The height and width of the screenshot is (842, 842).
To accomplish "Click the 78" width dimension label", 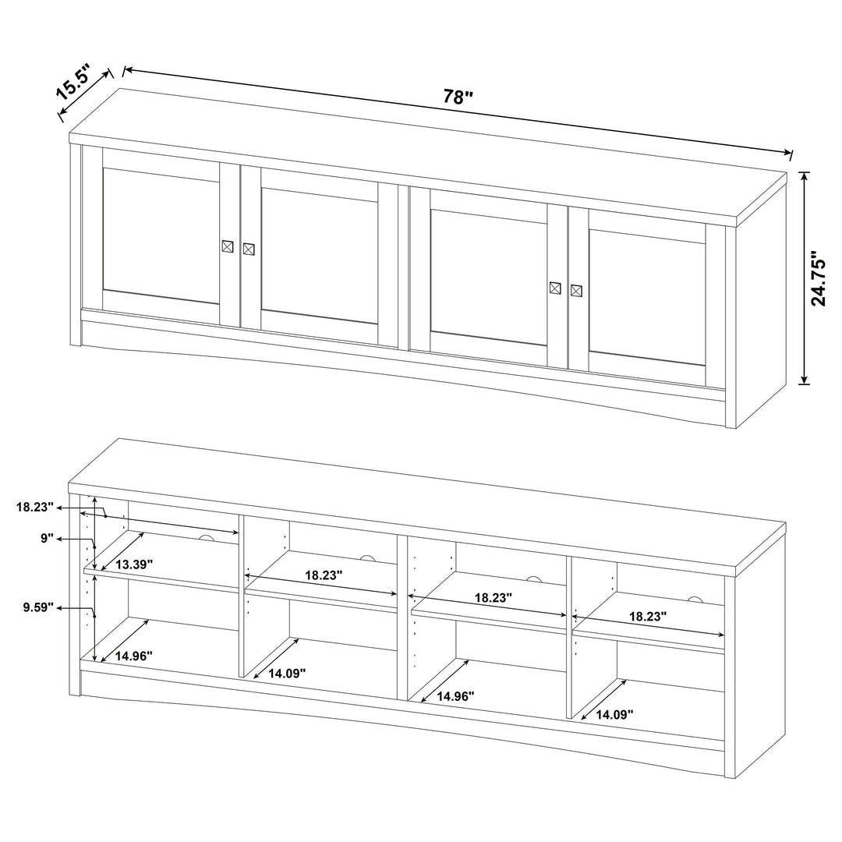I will click(x=458, y=97).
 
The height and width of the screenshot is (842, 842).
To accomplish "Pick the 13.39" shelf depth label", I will click(x=134, y=564).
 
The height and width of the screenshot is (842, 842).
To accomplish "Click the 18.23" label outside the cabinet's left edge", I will click(x=35, y=507).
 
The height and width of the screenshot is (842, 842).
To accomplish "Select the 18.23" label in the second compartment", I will click(x=324, y=575).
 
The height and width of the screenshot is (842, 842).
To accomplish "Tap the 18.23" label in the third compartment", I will click(x=493, y=598).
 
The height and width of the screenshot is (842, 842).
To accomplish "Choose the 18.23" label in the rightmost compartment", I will click(x=647, y=616).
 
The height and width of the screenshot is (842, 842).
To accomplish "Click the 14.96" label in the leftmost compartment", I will click(x=134, y=656).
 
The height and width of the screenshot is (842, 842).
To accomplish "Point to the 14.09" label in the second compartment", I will click(x=287, y=673).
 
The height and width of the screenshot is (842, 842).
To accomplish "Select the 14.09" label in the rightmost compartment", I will click(x=614, y=713).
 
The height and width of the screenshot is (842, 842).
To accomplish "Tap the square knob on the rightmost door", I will click(x=576, y=291).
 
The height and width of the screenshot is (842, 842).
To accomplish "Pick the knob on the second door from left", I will click(x=249, y=249).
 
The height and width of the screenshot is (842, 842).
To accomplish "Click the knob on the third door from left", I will click(x=555, y=287).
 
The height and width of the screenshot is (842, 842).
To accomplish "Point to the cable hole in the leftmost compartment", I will click(x=207, y=540).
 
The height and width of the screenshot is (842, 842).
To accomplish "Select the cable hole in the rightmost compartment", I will click(x=694, y=599).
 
